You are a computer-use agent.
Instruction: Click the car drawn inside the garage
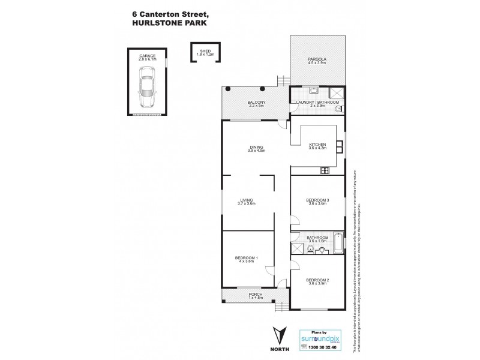click(x=146, y=85)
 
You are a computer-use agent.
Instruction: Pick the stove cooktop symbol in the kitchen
click(x=325, y=170)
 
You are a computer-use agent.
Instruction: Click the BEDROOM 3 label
click(x=317, y=200)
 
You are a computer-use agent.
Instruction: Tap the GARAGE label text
click(x=147, y=56)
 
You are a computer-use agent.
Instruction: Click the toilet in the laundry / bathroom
click(x=337, y=110)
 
